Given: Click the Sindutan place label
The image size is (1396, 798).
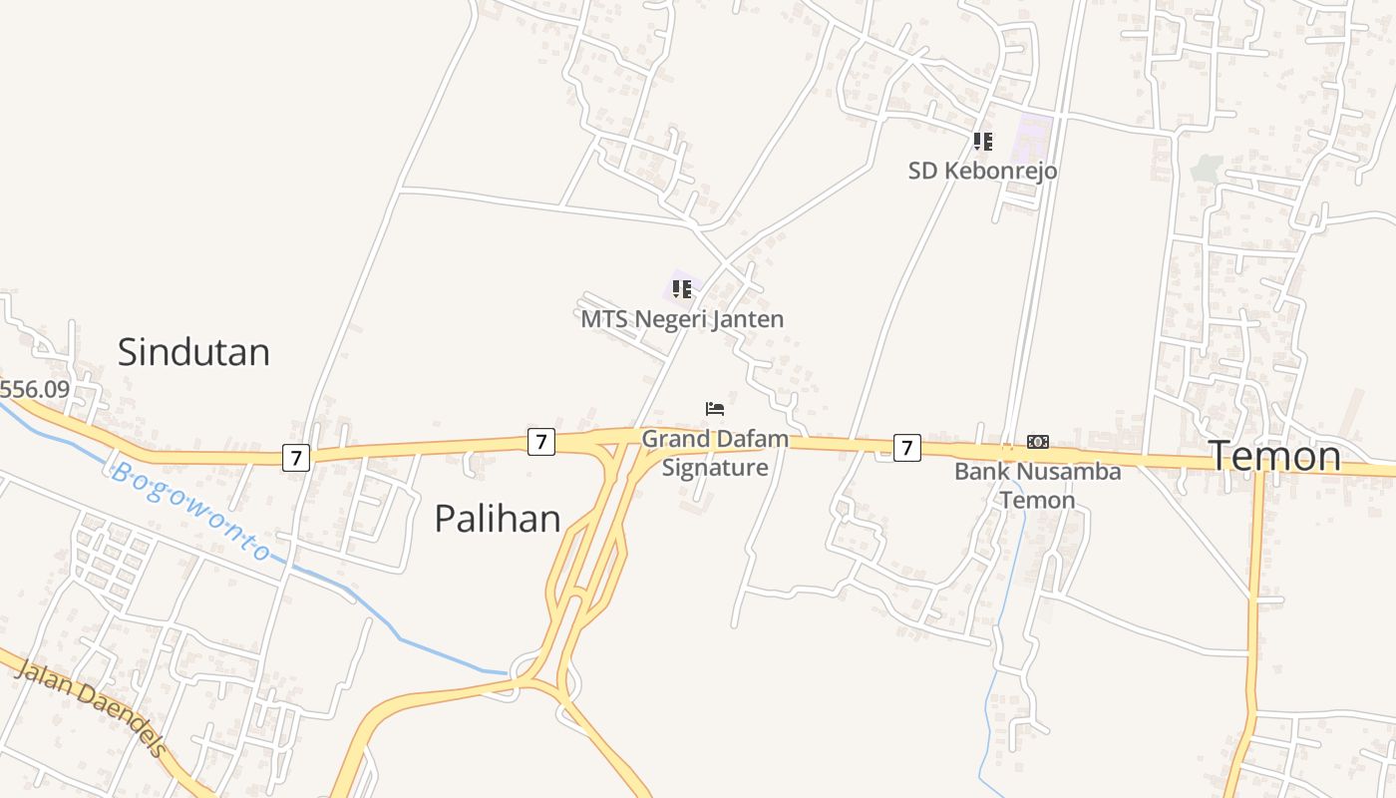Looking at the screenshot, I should (193, 352).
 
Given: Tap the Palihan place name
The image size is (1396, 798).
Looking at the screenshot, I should (498, 519).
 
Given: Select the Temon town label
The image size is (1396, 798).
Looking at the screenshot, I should (1275, 456).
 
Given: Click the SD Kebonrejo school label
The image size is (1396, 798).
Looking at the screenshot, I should (982, 171).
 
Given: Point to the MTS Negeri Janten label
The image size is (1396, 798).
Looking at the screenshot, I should (682, 319).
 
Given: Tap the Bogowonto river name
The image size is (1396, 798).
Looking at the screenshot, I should (190, 511).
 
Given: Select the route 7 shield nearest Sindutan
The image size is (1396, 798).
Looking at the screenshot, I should (295, 458).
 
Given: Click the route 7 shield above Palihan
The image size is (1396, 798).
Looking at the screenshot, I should (540, 441).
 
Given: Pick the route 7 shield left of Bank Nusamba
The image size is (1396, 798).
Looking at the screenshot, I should (905, 448).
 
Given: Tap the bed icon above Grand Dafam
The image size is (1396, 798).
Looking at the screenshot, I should (714, 408).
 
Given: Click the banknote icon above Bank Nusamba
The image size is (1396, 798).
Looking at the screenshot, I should (1038, 442).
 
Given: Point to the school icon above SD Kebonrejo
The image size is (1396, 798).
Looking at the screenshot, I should (982, 142).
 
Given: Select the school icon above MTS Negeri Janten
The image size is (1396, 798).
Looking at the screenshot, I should (682, 289).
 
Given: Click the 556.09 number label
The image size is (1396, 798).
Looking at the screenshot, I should (35, 389).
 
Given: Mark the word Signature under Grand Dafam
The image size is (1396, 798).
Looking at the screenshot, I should (715, 468).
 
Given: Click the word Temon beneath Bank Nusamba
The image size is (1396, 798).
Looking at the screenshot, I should (1037, 500).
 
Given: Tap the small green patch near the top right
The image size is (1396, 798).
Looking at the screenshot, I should (1206, 168).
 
